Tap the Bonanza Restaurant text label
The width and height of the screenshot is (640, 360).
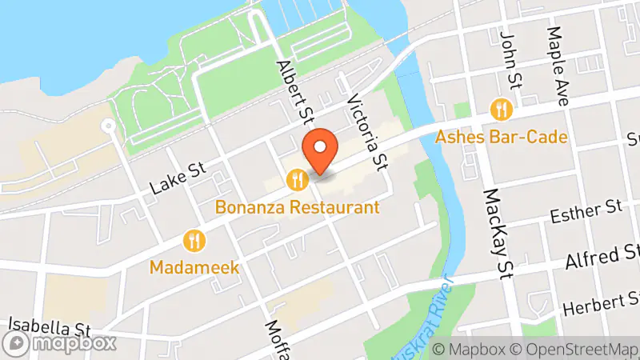[297, 207]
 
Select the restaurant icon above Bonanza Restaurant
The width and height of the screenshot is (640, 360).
[297, 179]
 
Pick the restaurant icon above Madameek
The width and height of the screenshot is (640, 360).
[194, 239]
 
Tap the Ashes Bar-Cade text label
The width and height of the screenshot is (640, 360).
[502, 137]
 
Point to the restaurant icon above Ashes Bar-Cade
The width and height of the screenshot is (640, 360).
[502, 109]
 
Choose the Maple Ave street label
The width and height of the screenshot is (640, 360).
[557, 67]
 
